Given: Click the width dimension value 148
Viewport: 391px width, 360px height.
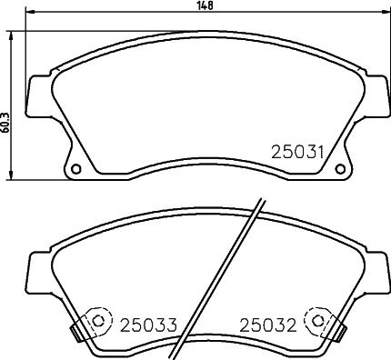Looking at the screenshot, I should (x=206, y=5).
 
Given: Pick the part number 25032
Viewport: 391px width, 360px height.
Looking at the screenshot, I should (x=269, y=323).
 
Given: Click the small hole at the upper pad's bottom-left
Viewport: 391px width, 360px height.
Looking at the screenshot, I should (x=75, y=169).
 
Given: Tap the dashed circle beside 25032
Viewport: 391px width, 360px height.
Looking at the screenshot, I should (x=318, y=322).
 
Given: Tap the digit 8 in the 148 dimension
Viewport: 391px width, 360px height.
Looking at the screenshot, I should (x=213, y=5).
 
